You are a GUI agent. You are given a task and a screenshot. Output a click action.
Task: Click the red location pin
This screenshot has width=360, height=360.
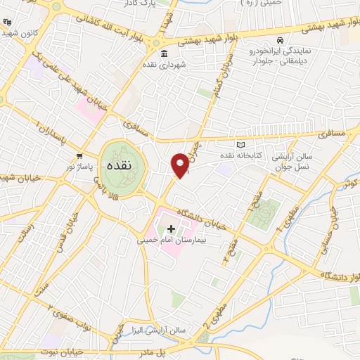(181, 165)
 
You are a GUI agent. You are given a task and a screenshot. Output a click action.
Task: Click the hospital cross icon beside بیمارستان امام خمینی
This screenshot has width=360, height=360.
(171, 229)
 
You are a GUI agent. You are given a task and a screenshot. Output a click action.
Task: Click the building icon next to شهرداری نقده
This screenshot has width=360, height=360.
(164, 55)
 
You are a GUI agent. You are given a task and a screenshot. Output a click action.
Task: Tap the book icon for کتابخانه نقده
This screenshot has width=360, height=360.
(241, 145)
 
